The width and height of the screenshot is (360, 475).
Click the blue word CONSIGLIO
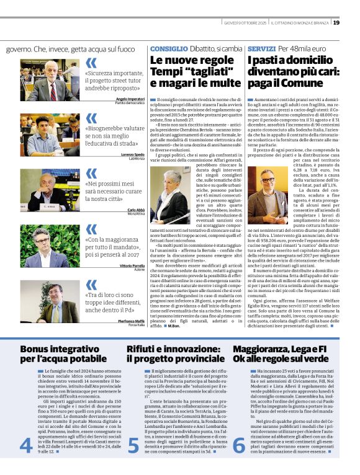point(169,48)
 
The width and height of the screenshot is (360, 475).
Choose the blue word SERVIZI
point(261,48)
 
